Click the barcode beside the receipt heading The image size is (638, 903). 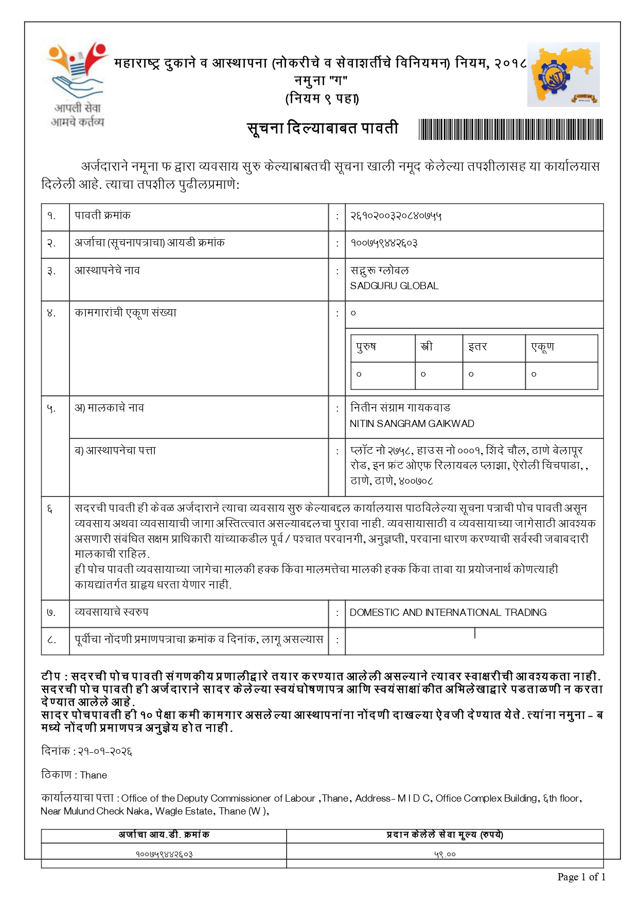510,129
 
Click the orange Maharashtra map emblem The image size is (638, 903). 563,75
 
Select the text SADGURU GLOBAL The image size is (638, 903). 394,286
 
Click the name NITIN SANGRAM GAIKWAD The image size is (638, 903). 412,424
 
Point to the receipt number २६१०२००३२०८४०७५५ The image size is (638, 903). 396,216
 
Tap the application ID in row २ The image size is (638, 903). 384,243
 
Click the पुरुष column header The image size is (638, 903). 366,347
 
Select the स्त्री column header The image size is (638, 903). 427,347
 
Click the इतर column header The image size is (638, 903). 477,347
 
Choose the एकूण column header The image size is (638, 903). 542,347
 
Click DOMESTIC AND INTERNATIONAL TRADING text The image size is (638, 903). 448,613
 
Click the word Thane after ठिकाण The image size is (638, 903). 94,775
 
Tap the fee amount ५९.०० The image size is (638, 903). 445,855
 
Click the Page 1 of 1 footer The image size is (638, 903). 581,877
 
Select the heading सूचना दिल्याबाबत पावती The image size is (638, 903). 323,128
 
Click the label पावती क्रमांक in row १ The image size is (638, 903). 102,216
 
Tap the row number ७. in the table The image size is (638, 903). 51,613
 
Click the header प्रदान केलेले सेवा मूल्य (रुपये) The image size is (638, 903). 445,835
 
